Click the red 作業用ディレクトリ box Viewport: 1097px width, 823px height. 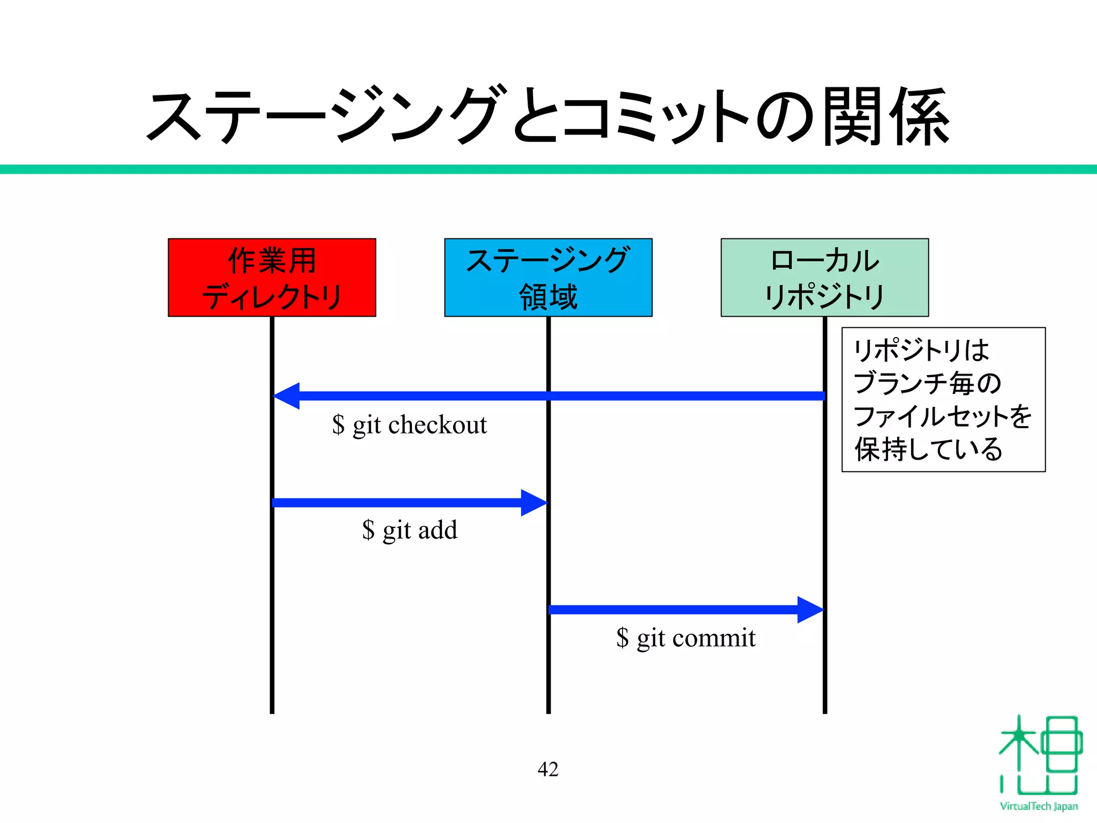pos(272,278)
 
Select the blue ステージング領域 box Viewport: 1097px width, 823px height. pos(548,278)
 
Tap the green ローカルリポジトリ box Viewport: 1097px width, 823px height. pos(824,278)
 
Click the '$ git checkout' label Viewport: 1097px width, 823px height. pos(410,425)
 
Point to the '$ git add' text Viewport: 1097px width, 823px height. pos(410,530)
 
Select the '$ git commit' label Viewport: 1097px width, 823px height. pos(686,638)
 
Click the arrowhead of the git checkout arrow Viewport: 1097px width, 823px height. pos(287,396)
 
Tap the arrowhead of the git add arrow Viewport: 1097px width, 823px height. pos(533,503)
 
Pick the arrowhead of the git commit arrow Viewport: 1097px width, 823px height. pos(809,610)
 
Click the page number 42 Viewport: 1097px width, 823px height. pos(547,769)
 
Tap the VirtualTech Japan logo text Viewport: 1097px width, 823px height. pos(1039,806)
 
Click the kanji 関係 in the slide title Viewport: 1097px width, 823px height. pos(886,117)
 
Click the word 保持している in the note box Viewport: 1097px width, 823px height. pos(928,449)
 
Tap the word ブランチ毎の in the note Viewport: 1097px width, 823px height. pos(927,383)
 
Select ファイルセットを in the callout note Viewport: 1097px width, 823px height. pos(942,416)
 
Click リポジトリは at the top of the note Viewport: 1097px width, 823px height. pos(921,350)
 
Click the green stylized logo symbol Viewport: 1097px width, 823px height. pos(1039,755)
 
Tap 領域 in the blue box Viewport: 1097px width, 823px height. pos(548,297)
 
